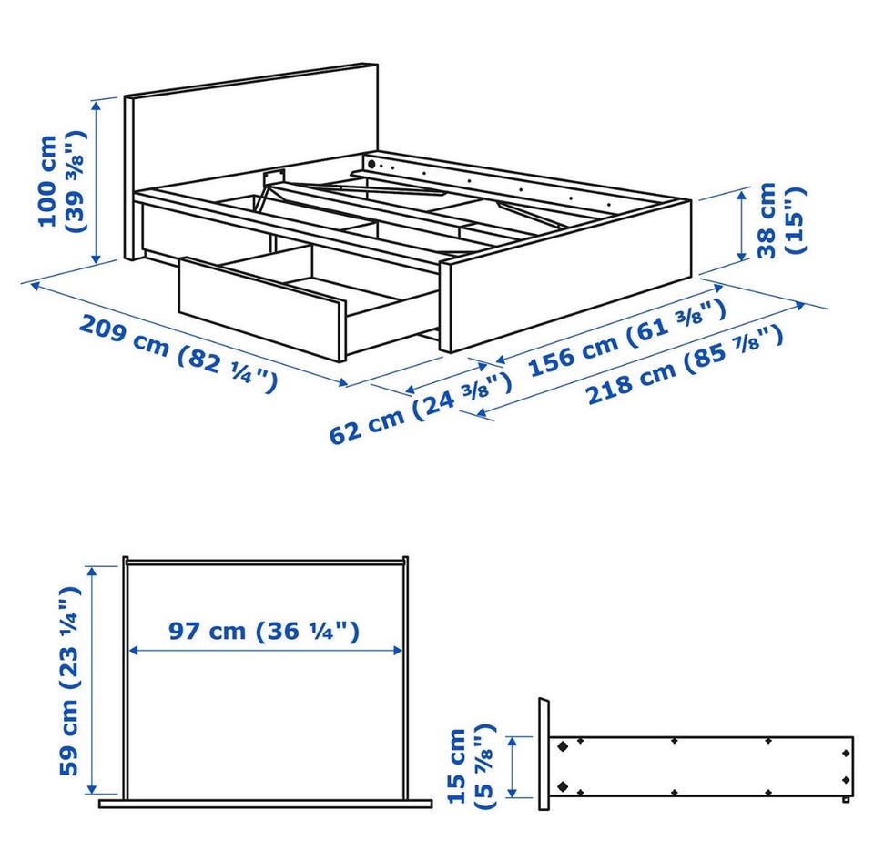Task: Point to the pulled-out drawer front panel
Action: pyautogui.click(x=262, y=309)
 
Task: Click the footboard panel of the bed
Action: pyautogui.click(x=565, y=276)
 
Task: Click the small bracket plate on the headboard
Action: pyautogui.click(x=274, y=176)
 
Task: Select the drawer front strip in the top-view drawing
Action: pyautogui.click(x=265, y=804)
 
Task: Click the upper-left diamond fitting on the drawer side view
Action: pyautogui.click(x=563, y=746)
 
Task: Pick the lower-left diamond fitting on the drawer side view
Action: pyautogui.click(x=563, y=786)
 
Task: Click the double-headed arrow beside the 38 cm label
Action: pyautogui.click(x=742, y=225)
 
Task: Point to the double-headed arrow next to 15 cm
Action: pyautogui.click(x=513, y=766)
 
